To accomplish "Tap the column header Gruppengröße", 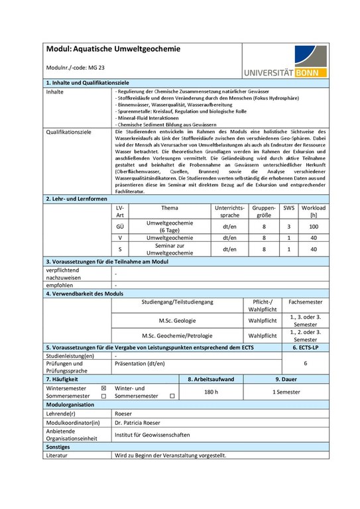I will pos(263,211).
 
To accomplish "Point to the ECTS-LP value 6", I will pos(305,364).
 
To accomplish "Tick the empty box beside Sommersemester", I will pos(103,396).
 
